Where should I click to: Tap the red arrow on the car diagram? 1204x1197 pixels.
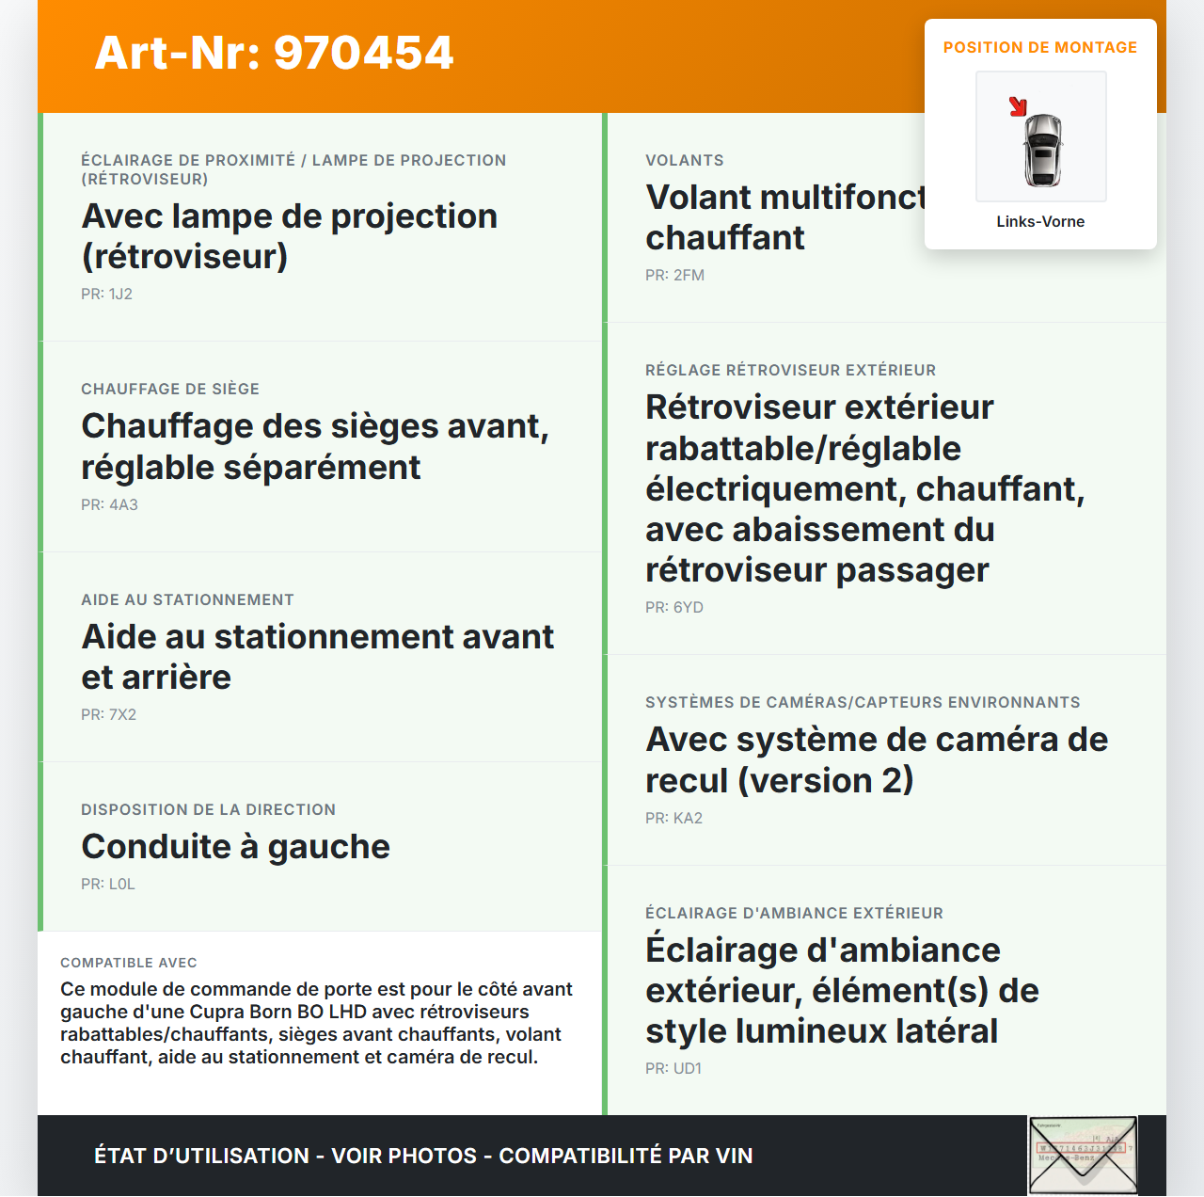pos(1017,106)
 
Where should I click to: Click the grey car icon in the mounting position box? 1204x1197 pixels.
pos(1042,150)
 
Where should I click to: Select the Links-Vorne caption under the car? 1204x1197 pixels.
pos(1040,221)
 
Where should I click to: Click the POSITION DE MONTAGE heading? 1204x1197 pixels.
pos(1039,47)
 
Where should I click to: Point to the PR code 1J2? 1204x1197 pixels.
pos(106,294)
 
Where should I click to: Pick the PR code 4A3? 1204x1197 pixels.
pos(109,504)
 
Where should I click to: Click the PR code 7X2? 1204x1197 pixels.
pos(108,714)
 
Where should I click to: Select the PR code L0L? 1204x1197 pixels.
pos(108,884)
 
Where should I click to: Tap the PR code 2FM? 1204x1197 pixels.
pos(674,275)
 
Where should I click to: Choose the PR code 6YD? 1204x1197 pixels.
pos(673,607)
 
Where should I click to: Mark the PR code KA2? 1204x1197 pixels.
pos(673,818)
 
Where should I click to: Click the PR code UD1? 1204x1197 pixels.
pos(673,1068)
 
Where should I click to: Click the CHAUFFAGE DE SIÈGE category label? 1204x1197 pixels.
pos(170,389)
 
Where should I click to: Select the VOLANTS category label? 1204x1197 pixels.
pos(685,160)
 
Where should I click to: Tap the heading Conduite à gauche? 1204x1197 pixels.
pos(235,846)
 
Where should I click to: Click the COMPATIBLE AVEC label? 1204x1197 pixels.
pos(129,963)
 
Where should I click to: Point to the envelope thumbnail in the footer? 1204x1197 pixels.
pos(1083,1155)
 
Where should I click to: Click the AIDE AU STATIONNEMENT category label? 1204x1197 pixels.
pos(187,599)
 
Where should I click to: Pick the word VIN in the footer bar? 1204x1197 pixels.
pos(734,1156)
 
